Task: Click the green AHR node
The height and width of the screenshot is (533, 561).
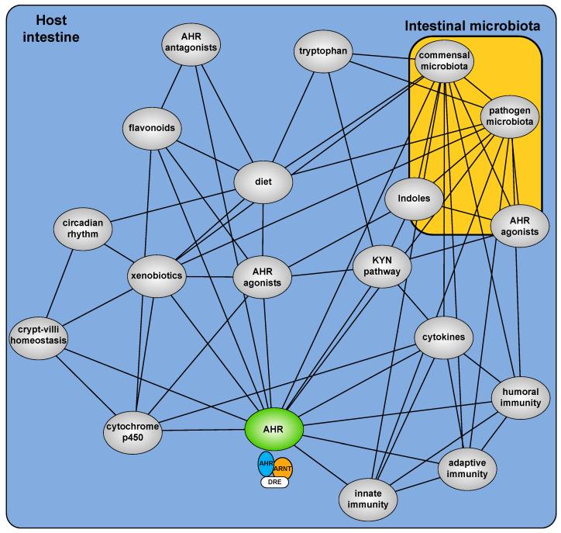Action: [274, 429]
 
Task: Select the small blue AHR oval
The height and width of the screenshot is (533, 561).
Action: [266, 463]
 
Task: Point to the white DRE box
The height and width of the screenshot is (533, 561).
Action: [274, 482]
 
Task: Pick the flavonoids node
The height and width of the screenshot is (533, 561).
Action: [153, 126]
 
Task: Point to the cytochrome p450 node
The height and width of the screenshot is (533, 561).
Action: [134, 432]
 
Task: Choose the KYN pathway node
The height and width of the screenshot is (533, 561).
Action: [381, 268]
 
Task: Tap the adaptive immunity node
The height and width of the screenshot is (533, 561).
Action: [467, 467]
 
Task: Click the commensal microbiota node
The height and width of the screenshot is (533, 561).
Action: [446, 61]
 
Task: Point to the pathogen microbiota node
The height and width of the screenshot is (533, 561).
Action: [507, 117]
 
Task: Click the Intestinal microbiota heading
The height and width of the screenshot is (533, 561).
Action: [472, 26]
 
